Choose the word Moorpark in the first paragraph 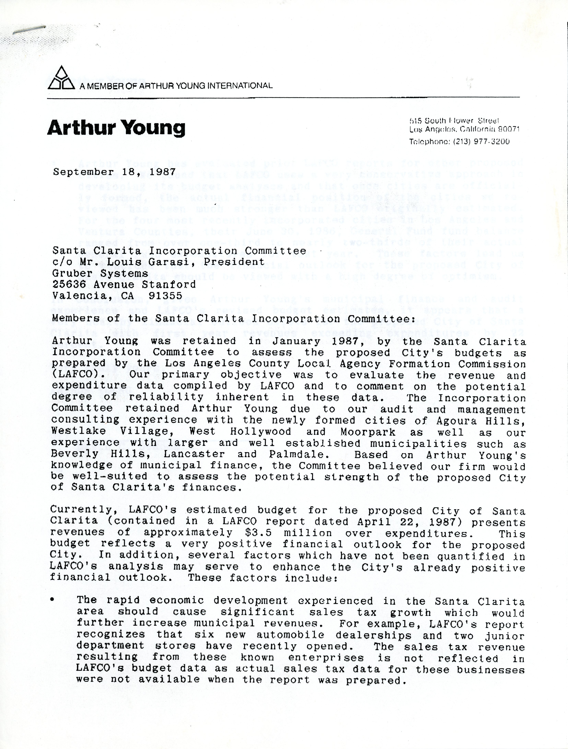click(x=368, y=432)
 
